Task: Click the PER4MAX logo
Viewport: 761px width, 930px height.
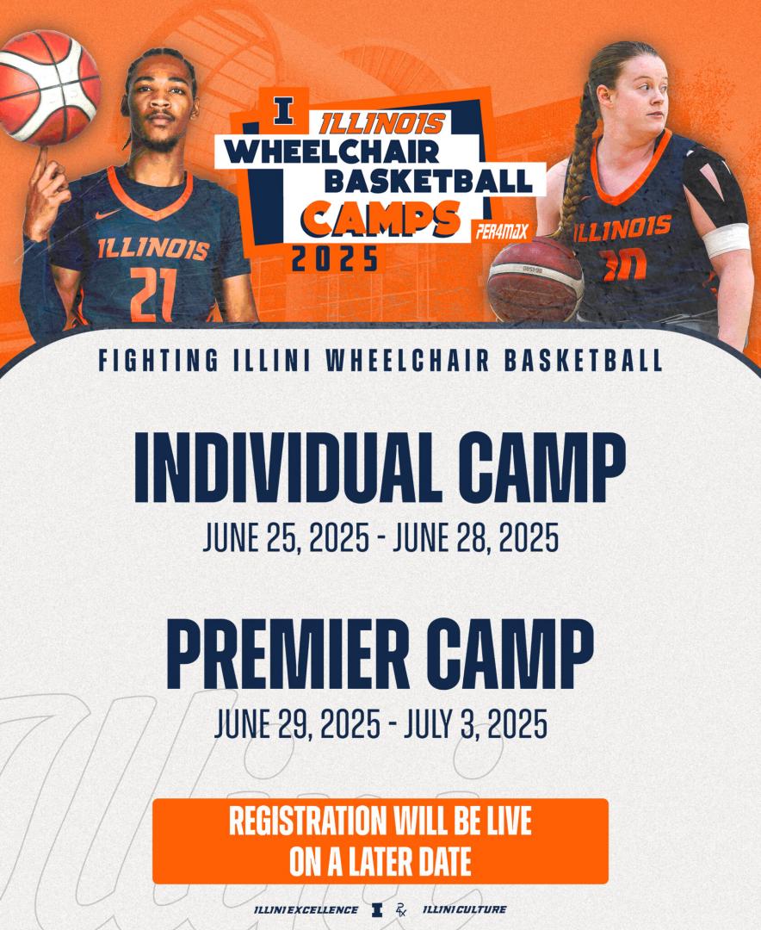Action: [x=502, y=231]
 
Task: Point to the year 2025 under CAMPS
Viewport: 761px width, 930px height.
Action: [x=335, y=258]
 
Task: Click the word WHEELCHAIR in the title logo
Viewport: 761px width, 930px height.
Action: [x=331, y=152]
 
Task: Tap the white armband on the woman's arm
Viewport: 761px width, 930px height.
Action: [x=726, y=240]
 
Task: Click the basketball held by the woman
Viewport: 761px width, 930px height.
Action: [x=535, y=278]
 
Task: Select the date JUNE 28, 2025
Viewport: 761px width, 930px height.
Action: [x=476, y=537]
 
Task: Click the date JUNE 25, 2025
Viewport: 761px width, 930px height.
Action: [x=286, y=537]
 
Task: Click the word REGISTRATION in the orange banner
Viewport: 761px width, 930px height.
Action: [x=307, y=821]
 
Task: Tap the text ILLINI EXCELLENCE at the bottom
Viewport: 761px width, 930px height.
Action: [x=306, y=910]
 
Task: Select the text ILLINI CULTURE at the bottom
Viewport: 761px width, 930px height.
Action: [x=464, y=909]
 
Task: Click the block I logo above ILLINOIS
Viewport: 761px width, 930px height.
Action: [x=283, y=112]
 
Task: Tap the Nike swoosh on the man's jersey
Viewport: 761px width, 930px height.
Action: [x=108, y=214]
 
